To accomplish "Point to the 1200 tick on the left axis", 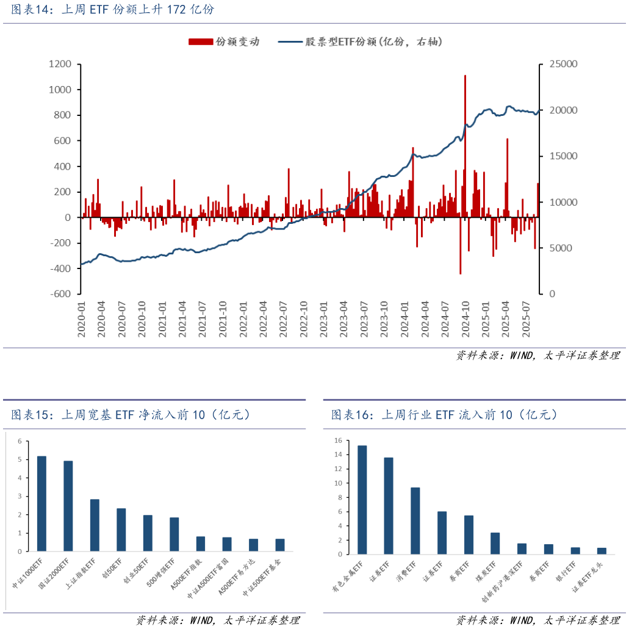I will (60, 64).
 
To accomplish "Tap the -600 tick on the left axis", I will (61, 293).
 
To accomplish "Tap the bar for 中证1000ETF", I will (41, 503).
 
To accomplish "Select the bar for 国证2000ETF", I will (68, 506).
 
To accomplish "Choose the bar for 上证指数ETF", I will (95, 525).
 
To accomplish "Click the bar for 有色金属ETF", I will (362, 500).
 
